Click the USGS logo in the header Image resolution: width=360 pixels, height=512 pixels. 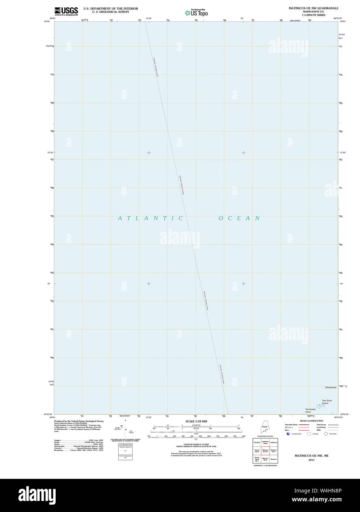point(66,11)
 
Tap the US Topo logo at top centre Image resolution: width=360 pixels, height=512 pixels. point(196,13)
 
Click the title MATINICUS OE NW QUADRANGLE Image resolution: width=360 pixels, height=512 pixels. point(313,8)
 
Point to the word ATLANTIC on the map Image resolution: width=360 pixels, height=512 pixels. point(150,218)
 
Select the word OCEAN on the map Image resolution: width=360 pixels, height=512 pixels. point(239,218)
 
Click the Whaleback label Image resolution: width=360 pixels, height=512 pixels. point(331,387)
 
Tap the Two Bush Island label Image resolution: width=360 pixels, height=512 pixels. point(327,402)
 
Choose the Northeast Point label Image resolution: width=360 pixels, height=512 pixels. point(310,410)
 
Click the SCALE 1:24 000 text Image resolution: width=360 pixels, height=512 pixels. point(196,421)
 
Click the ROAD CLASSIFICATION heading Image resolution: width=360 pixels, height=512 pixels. point(311,421)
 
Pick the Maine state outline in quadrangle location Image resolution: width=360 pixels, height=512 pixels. point(265,429)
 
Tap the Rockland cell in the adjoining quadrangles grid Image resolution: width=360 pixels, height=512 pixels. point(257,442)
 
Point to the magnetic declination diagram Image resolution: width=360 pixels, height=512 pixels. point(125,427)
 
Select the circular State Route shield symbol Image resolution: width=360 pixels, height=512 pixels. point(326,434)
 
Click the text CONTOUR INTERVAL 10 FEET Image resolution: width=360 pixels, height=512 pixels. point(196,445)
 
